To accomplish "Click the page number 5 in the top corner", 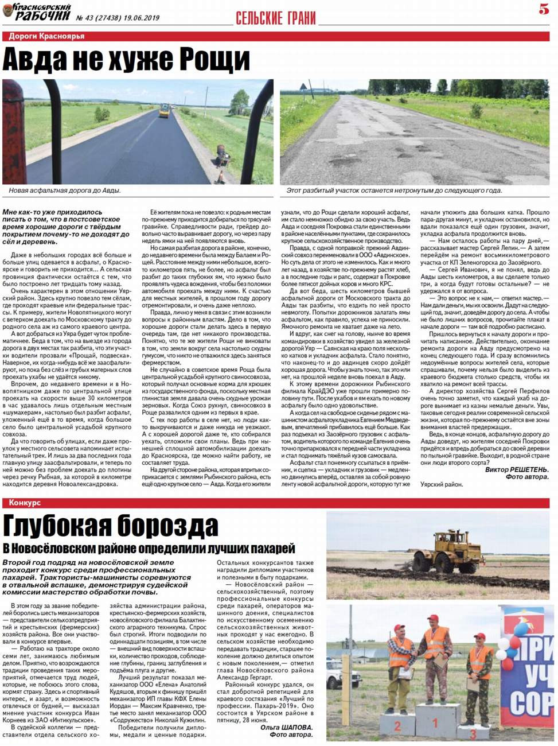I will [544, 9].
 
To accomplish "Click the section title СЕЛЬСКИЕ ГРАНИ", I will [276, 18].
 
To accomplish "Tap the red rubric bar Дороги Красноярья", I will [47, 36].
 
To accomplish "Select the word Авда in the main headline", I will [38, 59].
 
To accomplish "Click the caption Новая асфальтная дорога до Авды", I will [65, 191].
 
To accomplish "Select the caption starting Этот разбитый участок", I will [394, 191].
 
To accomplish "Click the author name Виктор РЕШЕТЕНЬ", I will [517, 469].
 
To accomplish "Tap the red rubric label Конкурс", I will [25, 503].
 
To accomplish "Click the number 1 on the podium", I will [435, 723].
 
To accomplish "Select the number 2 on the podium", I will [397, 726].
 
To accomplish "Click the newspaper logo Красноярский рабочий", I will [37, 11].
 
